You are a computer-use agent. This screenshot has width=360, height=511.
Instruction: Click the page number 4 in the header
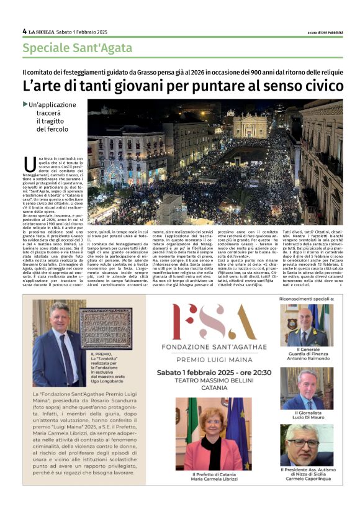pos(24,31)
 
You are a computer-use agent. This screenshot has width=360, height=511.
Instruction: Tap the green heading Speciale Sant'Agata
pos(78,48)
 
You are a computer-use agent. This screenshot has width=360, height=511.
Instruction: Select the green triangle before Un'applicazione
pos(25,104)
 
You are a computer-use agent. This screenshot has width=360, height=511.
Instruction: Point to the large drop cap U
pos(29,165)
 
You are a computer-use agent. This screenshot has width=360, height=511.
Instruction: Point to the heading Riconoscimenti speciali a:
pos(308,299)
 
